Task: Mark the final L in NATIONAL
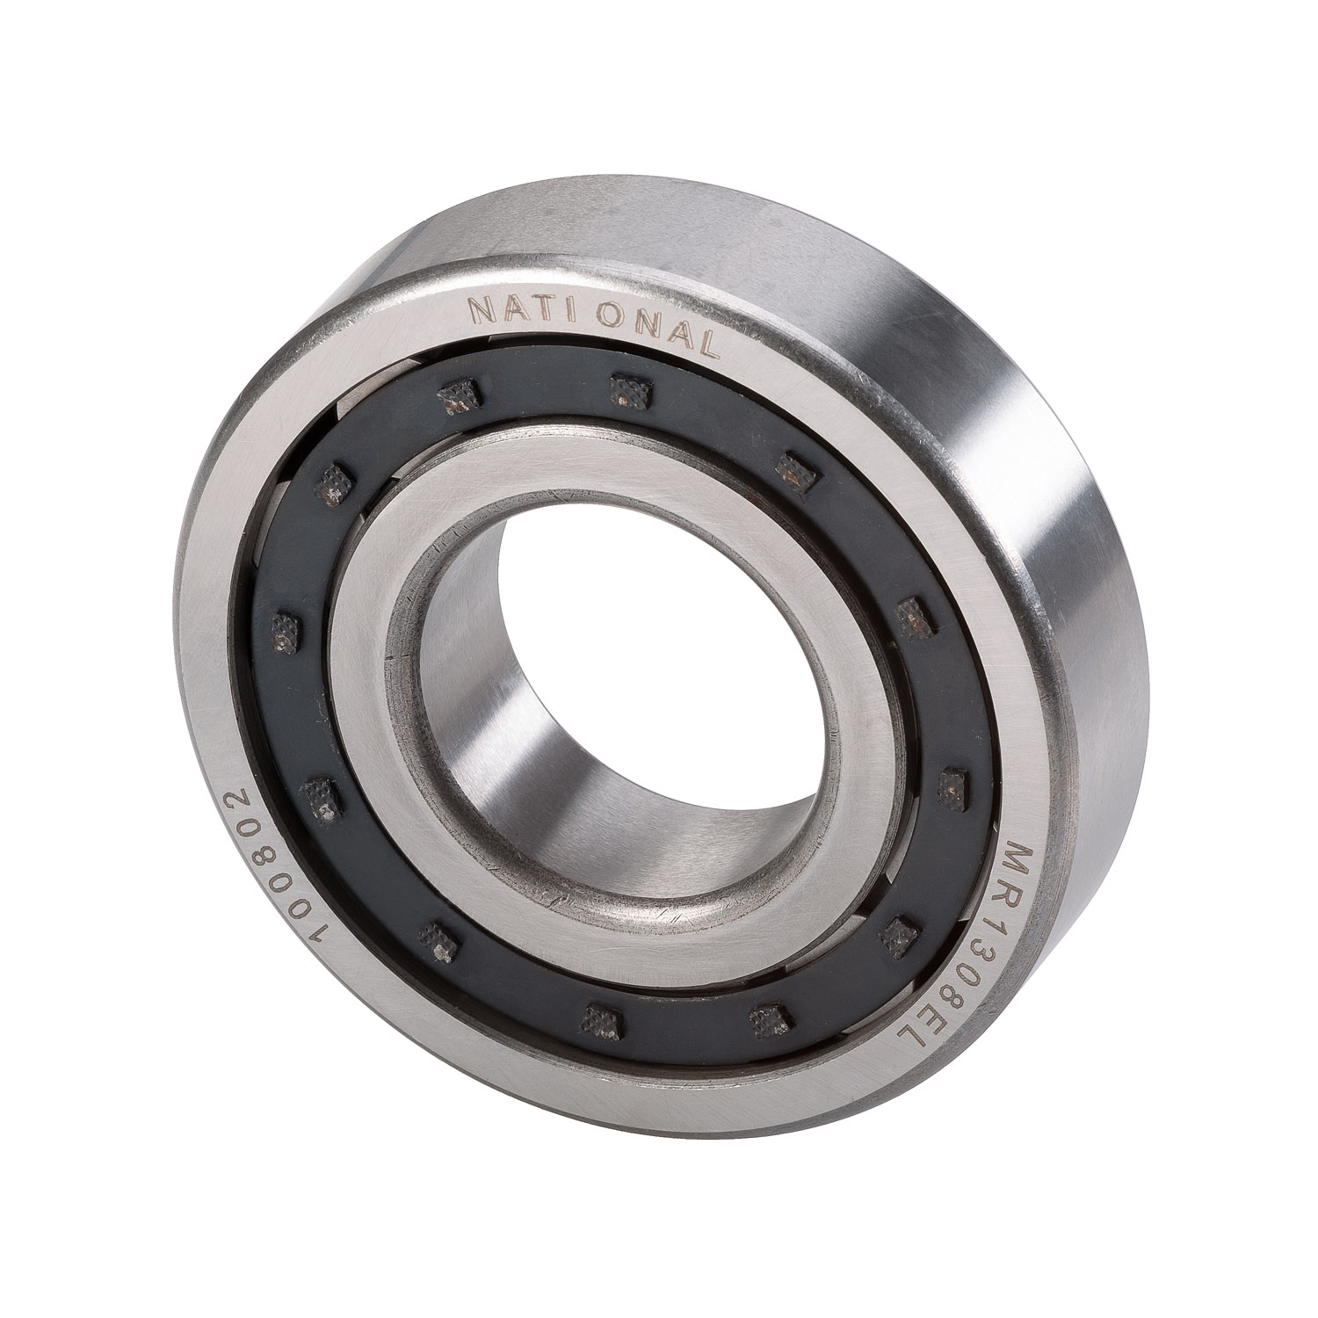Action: pyautogui.click(x=708, y=344)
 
